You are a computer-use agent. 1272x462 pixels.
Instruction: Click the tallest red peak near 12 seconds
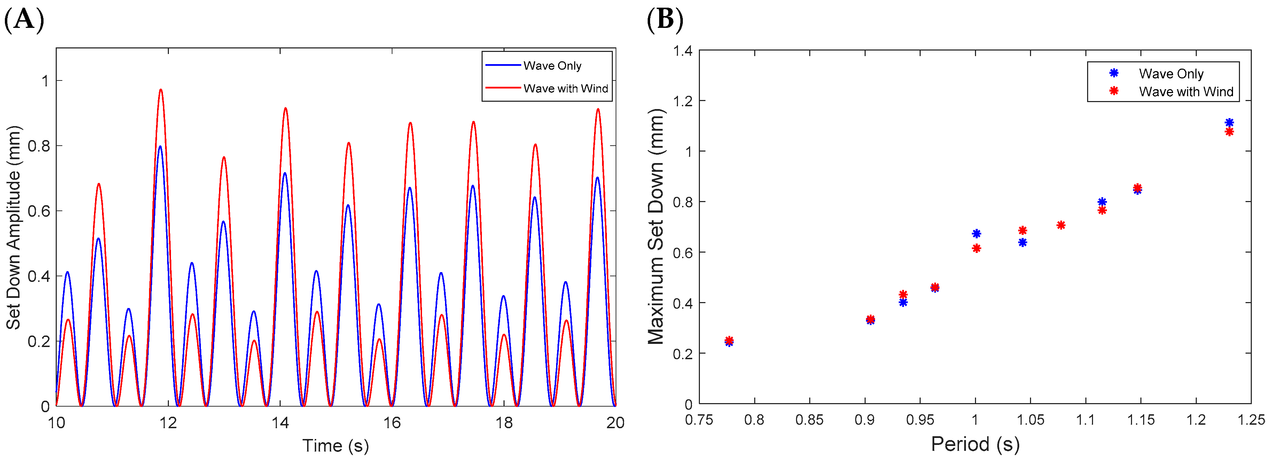point(161,91)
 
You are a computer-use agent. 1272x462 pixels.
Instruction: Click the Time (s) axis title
point(336,446)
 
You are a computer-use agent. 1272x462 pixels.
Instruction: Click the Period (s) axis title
point(975,444)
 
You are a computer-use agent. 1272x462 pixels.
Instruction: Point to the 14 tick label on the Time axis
point(280,423)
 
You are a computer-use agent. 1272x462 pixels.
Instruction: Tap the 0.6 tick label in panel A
point(39,211)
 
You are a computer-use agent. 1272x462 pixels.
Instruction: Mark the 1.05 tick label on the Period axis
point(1030,420)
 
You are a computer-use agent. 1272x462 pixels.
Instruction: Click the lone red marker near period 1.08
point(1061,225)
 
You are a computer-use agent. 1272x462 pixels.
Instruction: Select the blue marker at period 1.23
point(1229,123)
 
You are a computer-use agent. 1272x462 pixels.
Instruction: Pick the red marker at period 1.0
point(976,248)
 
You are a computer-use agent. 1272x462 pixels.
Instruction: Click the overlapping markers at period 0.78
point(729,341)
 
